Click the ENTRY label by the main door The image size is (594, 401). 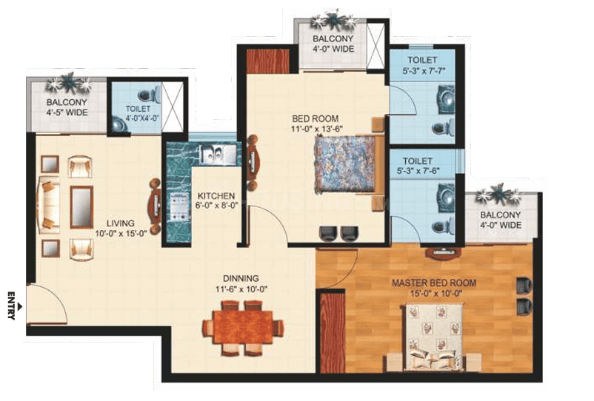pos(11,306)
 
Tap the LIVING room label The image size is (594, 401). pos(120,223)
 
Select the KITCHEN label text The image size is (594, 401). pos(216,196)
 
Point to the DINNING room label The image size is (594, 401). pos(241,278)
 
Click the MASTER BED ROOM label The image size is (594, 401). pos(434,283)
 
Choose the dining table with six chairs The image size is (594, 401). pos(243,328)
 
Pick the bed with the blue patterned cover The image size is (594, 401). pos(346,164)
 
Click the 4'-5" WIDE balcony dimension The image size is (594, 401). pos(67,112)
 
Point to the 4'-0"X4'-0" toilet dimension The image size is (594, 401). pos(143,118)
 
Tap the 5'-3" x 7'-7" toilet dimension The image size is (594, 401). pos(424,70)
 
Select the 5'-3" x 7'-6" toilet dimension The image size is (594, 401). pos(418,171)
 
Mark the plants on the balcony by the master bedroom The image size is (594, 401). pos(498,195)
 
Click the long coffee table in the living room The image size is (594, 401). pos(81,207)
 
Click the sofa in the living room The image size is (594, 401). pos(48,205)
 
